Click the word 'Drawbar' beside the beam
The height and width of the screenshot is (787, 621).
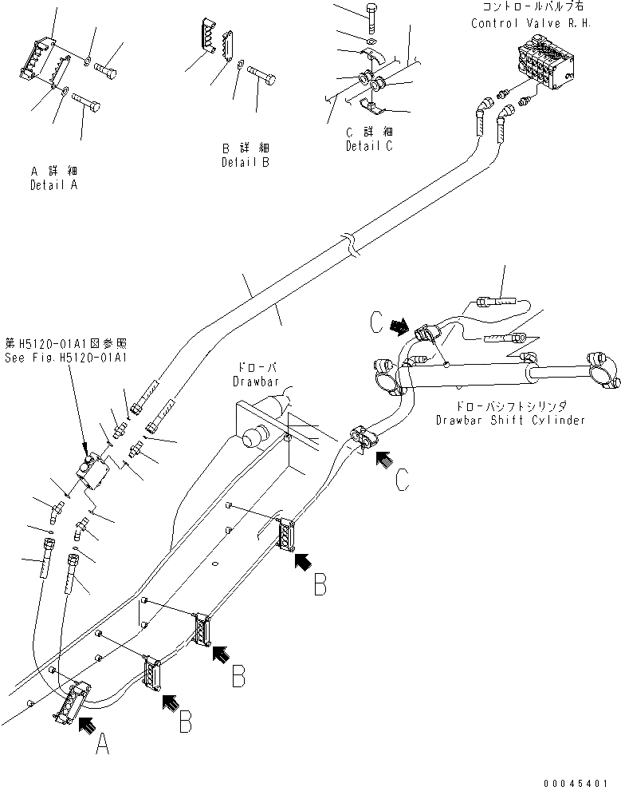[254, 382]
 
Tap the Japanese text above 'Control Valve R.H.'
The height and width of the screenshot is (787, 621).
[536, 7]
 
